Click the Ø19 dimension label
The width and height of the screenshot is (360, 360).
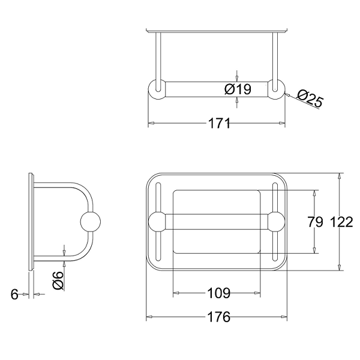coord(238,89)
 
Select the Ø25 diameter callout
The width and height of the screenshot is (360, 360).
coord(310,98)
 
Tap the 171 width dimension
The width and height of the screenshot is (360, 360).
coord(219,124)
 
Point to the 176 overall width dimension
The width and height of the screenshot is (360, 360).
coord(218,317)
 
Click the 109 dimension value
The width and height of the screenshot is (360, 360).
coord(218,293)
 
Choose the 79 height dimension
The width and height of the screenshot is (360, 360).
coord(315,222)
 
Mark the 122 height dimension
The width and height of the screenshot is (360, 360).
coord(341,222)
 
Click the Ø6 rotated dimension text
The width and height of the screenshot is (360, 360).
coord(58,280)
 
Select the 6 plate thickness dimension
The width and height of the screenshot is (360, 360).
coord(14,294)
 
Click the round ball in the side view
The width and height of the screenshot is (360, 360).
coord(90,221)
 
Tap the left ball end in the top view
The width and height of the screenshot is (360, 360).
coord(157,89)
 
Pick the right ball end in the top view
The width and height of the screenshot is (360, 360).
coord(276,89)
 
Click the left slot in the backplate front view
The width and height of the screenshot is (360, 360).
coord(158,222)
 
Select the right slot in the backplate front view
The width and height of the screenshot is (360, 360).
coord(275,222)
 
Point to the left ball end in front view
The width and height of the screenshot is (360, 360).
coord(157,222)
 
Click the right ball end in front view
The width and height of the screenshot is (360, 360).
coord(276,222)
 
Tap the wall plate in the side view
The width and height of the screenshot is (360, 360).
coord(31,221)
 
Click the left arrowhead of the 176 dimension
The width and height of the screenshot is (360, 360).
coord(149,317)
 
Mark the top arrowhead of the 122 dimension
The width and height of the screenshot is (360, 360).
coord(340,176)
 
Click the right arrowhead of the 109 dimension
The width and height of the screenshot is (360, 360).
coord(257,293)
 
